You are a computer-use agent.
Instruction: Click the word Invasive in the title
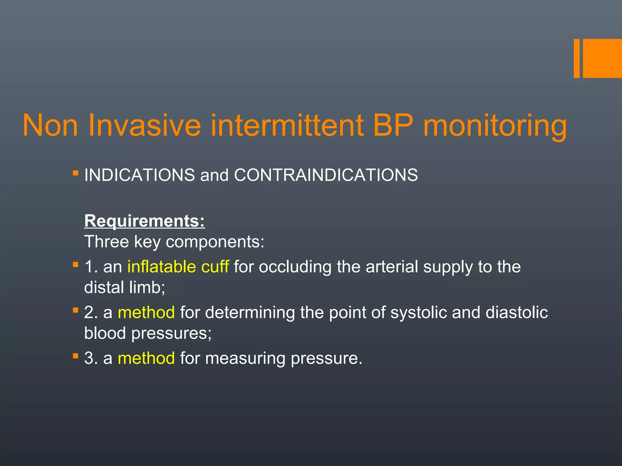click(x=145, y=125)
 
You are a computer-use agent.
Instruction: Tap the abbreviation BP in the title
click(x=393, y=125)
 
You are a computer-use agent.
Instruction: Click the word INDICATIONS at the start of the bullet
click(x=139, y=175)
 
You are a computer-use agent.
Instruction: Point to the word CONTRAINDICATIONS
click(x=326, y=175)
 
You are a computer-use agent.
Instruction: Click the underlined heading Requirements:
click(x=145, y=221)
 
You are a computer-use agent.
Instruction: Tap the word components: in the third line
click(x=215, y=242)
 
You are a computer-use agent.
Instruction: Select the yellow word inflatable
click(x=162, y=267)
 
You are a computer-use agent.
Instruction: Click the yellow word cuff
click(x=215, y=267)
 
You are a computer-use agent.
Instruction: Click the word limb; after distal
click(x=147, y=287)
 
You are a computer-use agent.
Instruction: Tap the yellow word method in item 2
click(x=146, y=312)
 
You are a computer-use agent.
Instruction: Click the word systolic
click(x=418, y=313)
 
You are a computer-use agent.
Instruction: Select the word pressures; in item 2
click(x=171, y=334)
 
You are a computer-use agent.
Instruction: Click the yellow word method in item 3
click(x=146, y=358)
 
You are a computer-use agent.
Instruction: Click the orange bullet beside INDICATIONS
click(x=76, y=174)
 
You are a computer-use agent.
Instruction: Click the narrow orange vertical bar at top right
click(x=576, y=58)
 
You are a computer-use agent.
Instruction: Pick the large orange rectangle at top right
click(x=602, y=58)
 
